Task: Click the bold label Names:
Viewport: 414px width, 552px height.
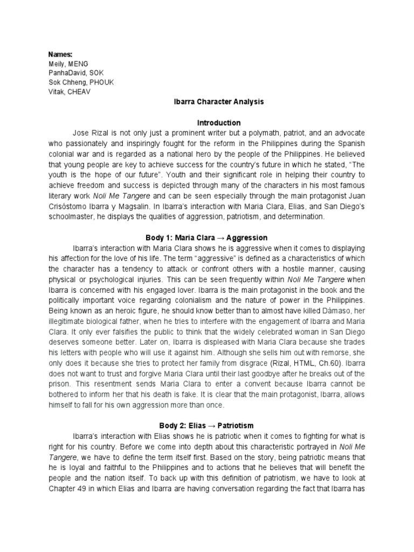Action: [60, 54]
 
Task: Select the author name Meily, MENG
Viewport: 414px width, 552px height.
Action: [69, 64]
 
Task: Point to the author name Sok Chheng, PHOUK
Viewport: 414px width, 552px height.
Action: [81, 82]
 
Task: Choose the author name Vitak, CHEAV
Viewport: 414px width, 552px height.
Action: [68, 91]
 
